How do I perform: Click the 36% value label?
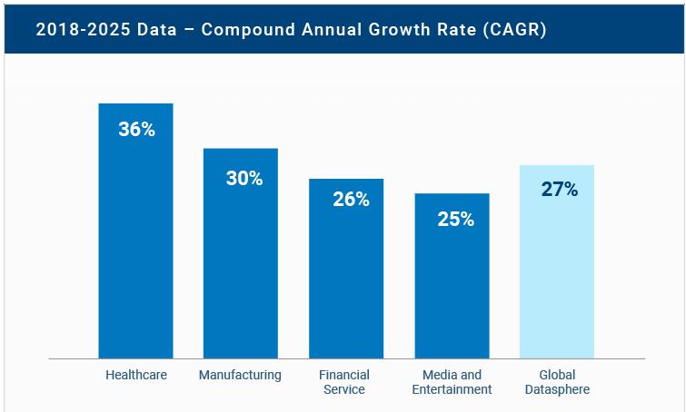point(136,129)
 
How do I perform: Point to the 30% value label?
point(244,178)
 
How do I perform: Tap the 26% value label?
point(351,200)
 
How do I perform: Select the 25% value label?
point(455,219)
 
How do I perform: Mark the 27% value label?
point(560,189)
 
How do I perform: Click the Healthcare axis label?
point(136,375)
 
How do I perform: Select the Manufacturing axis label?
point(240,375)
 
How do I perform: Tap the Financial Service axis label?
point(343,382)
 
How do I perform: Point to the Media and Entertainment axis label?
point(452,382)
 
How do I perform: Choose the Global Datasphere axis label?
point(557,382)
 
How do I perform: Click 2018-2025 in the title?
point(76,29)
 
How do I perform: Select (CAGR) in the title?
point(513,29)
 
